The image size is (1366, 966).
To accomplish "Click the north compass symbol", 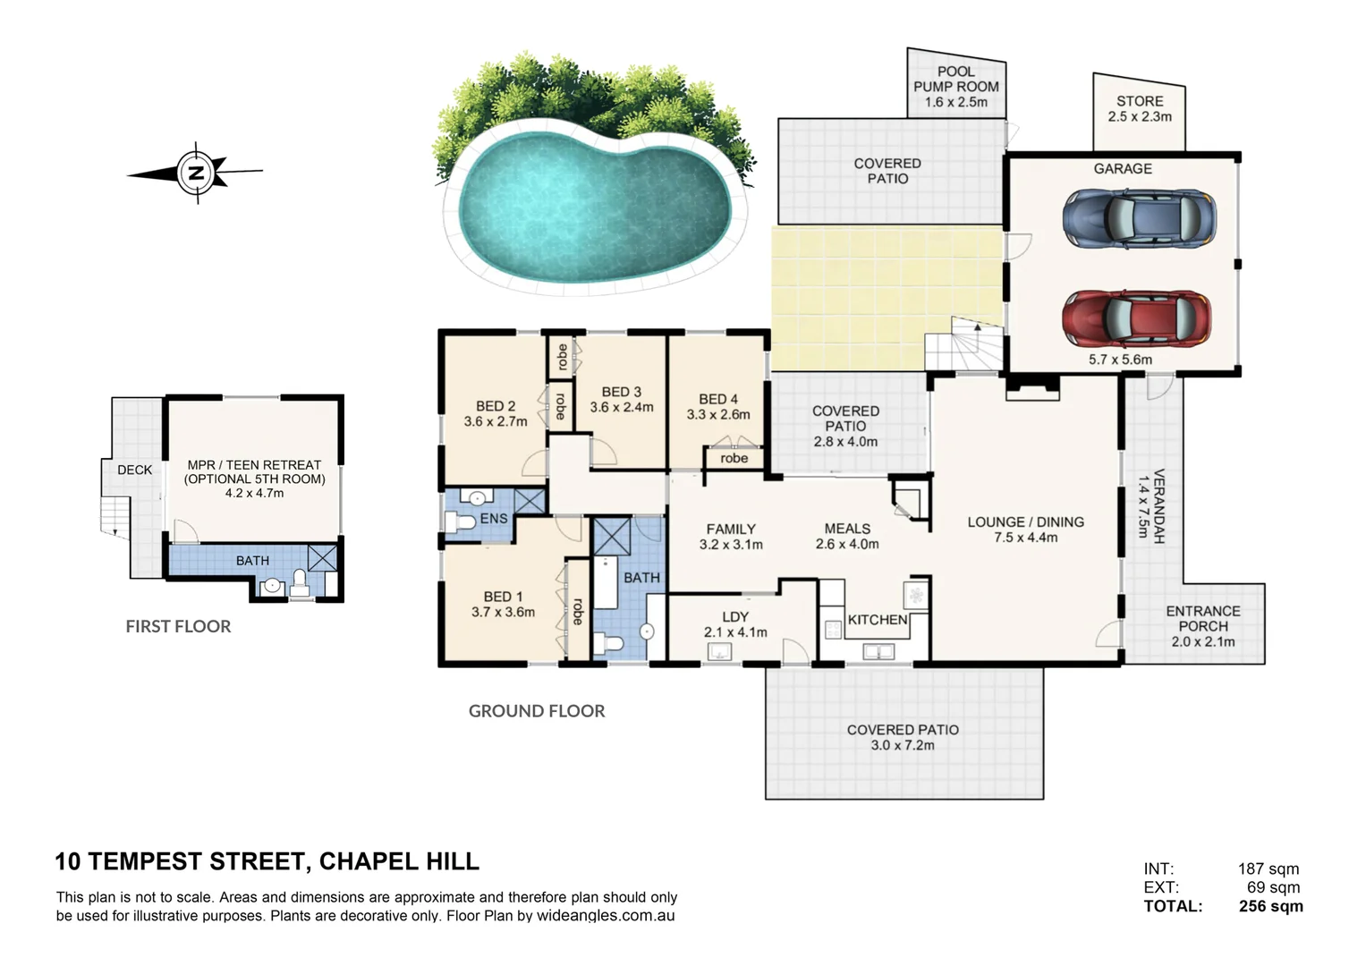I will [196, 173].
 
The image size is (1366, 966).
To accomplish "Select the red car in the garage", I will [1137, 318].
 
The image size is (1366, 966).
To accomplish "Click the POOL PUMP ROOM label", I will [955, 86].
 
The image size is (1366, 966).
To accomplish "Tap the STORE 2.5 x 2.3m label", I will [1139, 109].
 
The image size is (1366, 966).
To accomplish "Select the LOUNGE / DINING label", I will [1025, 522].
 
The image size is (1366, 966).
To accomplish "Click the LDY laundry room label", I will [734, 617].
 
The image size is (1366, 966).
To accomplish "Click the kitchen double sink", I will [878, 652].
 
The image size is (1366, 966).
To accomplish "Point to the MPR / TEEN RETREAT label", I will [254, 471].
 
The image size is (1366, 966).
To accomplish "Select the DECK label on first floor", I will [134, 470].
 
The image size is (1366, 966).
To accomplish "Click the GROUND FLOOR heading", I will [537, 711].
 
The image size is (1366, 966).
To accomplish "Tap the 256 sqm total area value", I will [1270, 906].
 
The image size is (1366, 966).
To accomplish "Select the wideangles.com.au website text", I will [606, 916].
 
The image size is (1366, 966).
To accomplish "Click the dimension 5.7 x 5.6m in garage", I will [1120, 360].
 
